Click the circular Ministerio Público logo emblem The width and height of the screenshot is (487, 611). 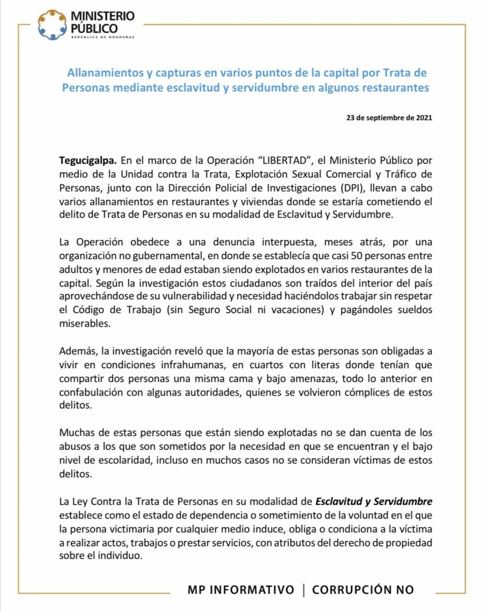point(52,24)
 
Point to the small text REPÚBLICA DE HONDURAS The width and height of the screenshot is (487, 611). point(103,37)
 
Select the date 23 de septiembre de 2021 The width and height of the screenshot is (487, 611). point(389,118)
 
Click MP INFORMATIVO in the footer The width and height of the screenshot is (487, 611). point(241,590)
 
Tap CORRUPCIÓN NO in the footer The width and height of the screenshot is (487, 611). point(363,590)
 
